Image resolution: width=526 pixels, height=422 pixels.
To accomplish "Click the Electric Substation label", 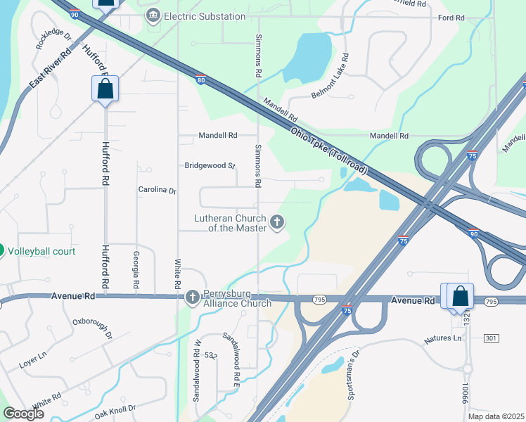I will (x=205, y=16).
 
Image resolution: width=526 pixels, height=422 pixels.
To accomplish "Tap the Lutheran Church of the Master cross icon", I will (x=277, y=223).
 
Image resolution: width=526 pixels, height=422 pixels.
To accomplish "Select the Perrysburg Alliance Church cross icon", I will (x=193, y=298).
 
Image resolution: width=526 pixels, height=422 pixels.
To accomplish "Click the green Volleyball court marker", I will (x=1, y=250).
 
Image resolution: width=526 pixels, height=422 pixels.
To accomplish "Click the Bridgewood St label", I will (x=210, y=166).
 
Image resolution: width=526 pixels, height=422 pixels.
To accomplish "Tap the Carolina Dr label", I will (x=157, y=190).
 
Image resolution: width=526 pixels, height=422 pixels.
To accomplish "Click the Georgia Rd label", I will (x=135, y=268).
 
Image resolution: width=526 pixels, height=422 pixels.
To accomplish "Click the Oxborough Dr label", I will (x=92, y=328).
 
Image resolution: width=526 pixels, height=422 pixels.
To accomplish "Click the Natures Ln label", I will (x=443, y=339).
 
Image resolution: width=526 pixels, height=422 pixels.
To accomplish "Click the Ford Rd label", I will (x=451, y=18).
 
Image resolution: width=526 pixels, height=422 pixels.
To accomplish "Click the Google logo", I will (x=23, y=414).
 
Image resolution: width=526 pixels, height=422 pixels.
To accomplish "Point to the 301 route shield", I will (x=491, y=338).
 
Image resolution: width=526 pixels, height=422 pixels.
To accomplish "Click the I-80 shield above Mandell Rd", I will (x=201, y=79).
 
